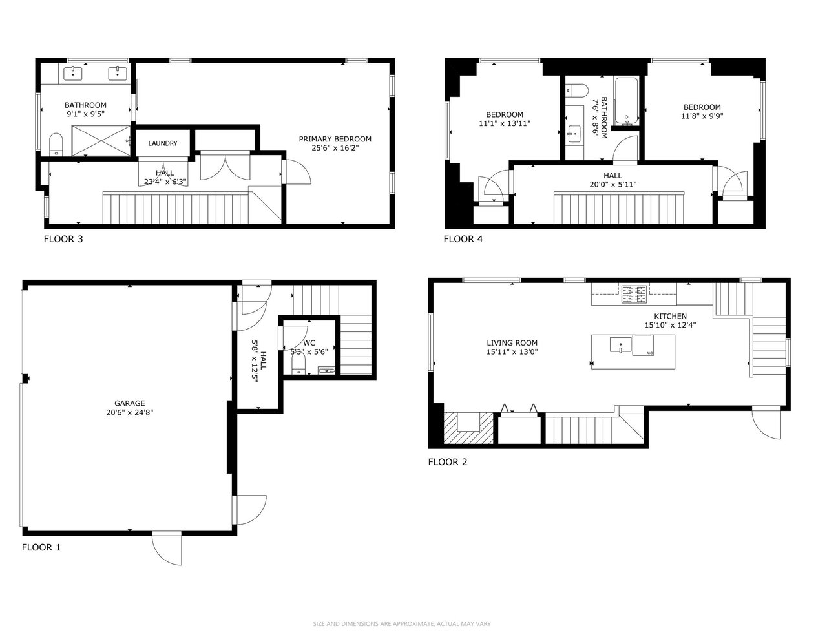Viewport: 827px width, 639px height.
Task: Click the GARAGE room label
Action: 129,403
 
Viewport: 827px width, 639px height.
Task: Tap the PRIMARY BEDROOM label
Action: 335,139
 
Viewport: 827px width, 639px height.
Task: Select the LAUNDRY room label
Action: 163,143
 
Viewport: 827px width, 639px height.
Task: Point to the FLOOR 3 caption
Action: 63,239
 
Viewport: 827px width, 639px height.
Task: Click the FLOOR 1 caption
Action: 41,547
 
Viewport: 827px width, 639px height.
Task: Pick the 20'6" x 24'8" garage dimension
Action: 129,412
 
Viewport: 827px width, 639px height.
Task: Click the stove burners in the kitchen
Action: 634,294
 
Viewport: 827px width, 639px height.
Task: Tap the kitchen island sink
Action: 621,345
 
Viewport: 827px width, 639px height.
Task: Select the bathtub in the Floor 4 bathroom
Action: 627,101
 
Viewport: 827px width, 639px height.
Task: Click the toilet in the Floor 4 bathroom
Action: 576,90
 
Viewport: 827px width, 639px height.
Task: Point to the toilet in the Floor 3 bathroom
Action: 56,144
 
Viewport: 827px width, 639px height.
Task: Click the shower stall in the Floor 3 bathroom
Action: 101,140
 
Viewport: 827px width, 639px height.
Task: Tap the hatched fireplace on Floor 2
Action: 468,428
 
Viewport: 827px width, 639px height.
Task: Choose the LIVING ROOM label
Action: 512,343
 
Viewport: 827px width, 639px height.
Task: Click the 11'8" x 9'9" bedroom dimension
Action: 702,116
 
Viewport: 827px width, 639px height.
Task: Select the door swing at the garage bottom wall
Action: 167,549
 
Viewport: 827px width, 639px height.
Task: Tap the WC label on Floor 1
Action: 309,343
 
